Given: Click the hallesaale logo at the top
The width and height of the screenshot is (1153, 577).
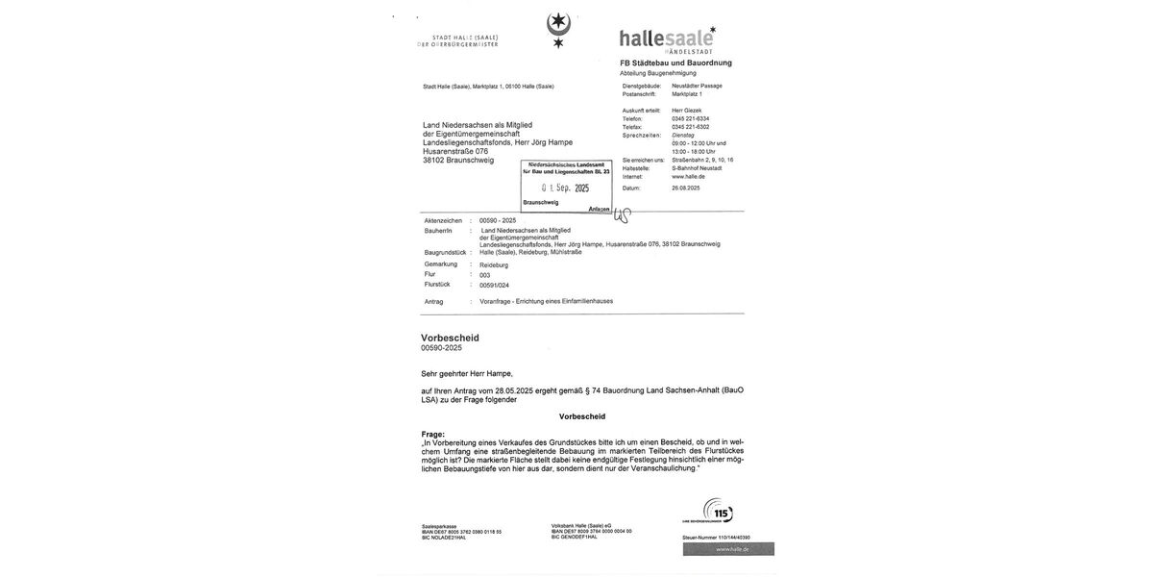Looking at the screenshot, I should click(x=667, y=39).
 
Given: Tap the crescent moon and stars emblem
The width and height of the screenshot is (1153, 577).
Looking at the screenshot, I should click(x=558, y=29).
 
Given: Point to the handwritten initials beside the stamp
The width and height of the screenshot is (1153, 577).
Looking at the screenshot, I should click(x=623, y=214).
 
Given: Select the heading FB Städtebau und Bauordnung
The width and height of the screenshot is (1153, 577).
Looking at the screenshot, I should click(x=675, y=63).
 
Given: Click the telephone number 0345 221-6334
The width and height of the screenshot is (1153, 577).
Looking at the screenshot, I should click(x=690, y=118).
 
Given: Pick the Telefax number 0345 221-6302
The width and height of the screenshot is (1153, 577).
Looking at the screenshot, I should click(x=690, y=127).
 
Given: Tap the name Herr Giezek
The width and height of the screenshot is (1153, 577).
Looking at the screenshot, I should click(x=686, y=111).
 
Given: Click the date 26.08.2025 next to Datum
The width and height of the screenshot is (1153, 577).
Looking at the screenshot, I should click(x=685, y=188).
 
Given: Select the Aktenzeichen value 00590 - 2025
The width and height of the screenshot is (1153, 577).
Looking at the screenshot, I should click(x=498, y=220).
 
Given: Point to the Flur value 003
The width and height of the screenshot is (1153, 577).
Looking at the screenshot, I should click(x=485, y=275).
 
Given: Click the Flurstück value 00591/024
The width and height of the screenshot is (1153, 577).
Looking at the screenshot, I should click(x=494, y=286).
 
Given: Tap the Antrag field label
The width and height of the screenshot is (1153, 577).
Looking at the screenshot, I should click(x=434, y=302).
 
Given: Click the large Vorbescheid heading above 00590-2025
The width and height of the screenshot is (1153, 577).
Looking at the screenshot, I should click(x=450, y=338).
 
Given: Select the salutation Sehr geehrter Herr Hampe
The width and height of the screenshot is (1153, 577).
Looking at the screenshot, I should click(x=467, y=373).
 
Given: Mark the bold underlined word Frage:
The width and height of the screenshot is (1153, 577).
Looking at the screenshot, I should click(x=433, y=435).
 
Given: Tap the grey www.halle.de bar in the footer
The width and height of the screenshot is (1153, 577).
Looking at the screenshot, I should click(x=728, y=549).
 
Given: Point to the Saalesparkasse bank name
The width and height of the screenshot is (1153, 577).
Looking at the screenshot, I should click(x=439, y=526).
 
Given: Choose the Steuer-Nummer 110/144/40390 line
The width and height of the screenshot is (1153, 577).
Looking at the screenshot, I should click(x=716, y=538).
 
